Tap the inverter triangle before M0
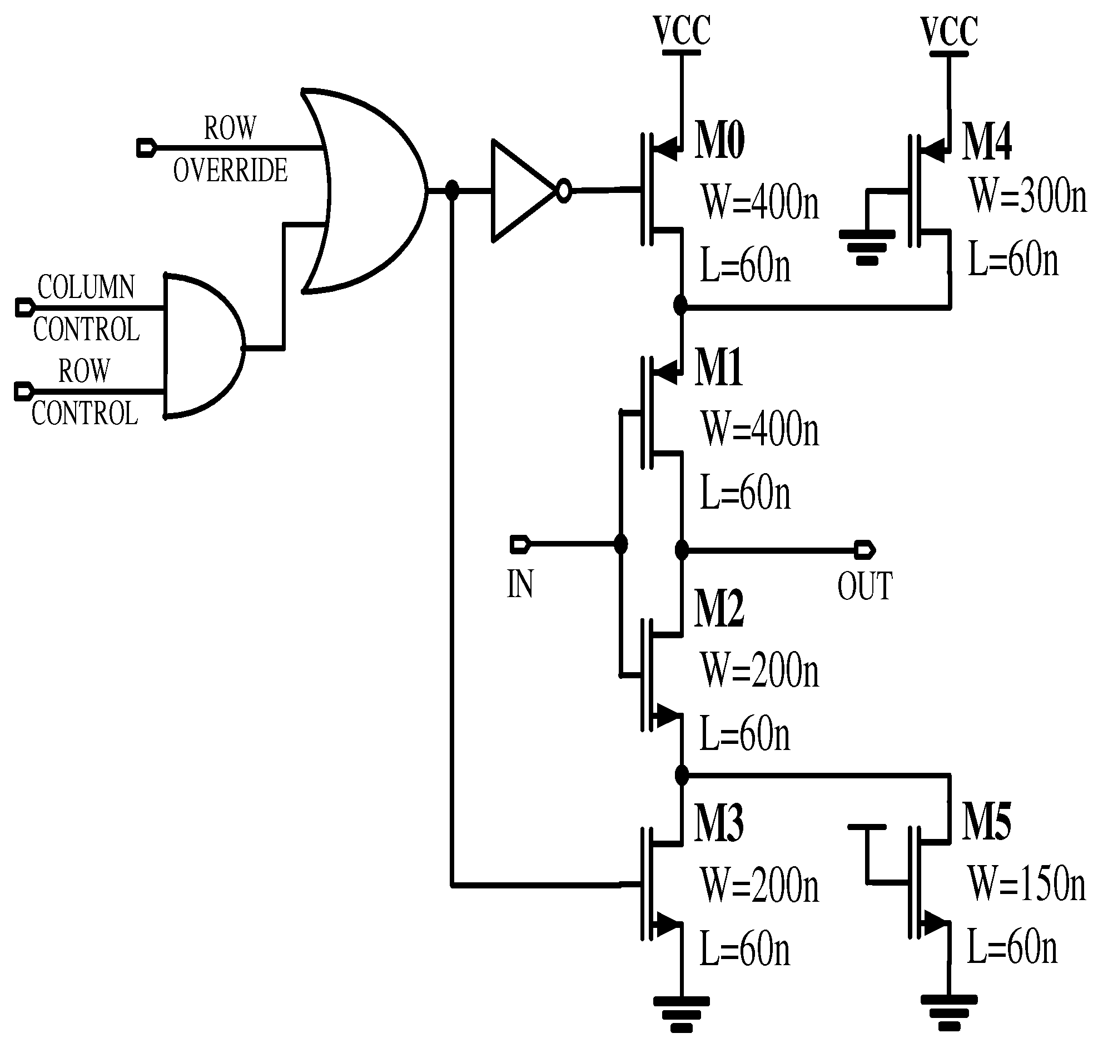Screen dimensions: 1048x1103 (x=519, y=191)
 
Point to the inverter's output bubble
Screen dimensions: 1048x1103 (x=565, y=191)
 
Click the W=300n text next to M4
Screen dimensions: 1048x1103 (x=1028, y=196)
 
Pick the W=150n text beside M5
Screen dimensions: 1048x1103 (x=1027, y=884)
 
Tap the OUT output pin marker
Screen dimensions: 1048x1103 (x=865, y=550)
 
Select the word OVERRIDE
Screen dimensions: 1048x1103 (x=230, y=170)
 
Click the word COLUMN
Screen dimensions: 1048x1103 (x=86, y=287)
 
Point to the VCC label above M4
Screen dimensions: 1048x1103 (x=950, y=31)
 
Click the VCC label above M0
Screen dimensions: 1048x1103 (x=682, y=31)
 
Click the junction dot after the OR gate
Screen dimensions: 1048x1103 (x=452, y=191)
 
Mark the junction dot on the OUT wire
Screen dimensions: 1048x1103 (x=682, y=550)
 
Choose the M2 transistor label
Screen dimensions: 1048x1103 (x=719, y=609)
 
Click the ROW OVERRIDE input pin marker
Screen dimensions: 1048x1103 (x=146, y=148)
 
